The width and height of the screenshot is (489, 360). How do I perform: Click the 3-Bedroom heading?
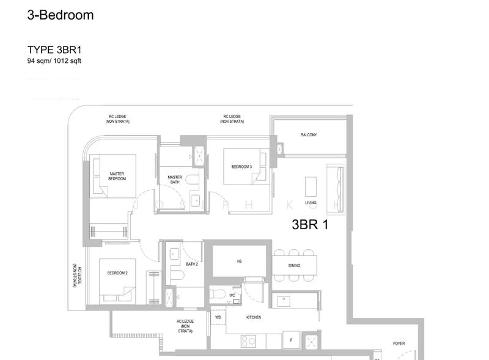point(61,15)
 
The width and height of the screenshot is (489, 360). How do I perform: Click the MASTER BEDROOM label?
point(117,176)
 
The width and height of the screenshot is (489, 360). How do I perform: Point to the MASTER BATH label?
point(175,180)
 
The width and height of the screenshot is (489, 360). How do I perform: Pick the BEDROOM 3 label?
point(241,166)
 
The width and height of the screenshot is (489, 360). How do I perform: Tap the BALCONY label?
point(309,135)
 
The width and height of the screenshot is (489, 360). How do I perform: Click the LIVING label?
point(311,202)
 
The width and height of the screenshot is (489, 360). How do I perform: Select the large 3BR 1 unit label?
point(310,224)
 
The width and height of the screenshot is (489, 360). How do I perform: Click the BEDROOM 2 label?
point(117,273)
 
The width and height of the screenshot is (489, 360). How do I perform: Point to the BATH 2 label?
point(191,264)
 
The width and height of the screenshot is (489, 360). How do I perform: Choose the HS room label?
point(240,261)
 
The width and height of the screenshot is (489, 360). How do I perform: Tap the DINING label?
point(295,266)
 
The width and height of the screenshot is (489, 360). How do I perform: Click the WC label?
point(232,295)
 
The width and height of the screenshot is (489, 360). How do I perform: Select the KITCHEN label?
point(254,318)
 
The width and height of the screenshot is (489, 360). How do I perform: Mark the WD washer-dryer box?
point(218,318)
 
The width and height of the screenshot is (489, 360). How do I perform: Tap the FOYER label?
point(399,343)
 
